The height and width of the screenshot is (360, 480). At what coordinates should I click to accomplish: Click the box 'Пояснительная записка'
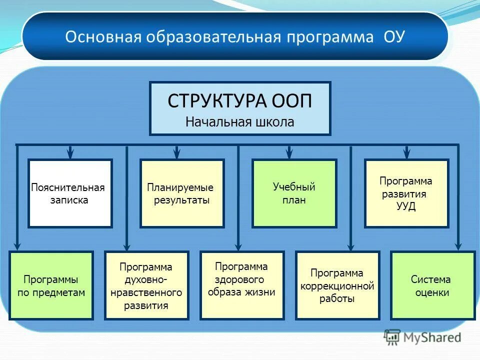(70, 193)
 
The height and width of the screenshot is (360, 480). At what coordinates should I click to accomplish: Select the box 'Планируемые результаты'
(182, 193)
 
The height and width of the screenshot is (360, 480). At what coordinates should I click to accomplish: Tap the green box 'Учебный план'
(294, 193)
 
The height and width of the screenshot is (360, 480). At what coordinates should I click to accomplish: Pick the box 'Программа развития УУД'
(406, 193)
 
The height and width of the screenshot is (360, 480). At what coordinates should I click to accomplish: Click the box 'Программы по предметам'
(51, 285)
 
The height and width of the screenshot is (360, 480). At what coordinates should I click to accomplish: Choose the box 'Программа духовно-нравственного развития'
(146, 285)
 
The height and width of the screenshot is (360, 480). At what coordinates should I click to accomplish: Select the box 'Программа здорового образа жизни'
(242, 285)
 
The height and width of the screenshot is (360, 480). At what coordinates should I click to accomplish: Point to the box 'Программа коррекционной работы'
(337, 285)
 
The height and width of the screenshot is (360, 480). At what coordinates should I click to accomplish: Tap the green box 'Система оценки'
(432, 285)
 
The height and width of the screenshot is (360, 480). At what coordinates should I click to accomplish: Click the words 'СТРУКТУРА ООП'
(240, 101)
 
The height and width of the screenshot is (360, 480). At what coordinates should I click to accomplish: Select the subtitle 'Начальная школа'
(240, 122)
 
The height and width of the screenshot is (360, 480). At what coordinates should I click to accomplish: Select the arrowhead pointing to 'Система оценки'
(458, 245)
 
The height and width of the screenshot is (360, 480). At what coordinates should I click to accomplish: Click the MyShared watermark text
(432, 337)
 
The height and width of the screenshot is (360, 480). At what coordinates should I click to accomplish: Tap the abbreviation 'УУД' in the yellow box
(405, 206)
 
